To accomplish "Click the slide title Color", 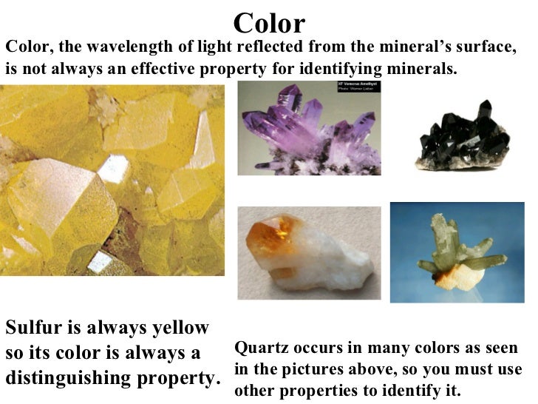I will pos(268,23).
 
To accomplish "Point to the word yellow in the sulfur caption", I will pos(181,328).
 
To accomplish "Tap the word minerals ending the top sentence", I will pos(423,70).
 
